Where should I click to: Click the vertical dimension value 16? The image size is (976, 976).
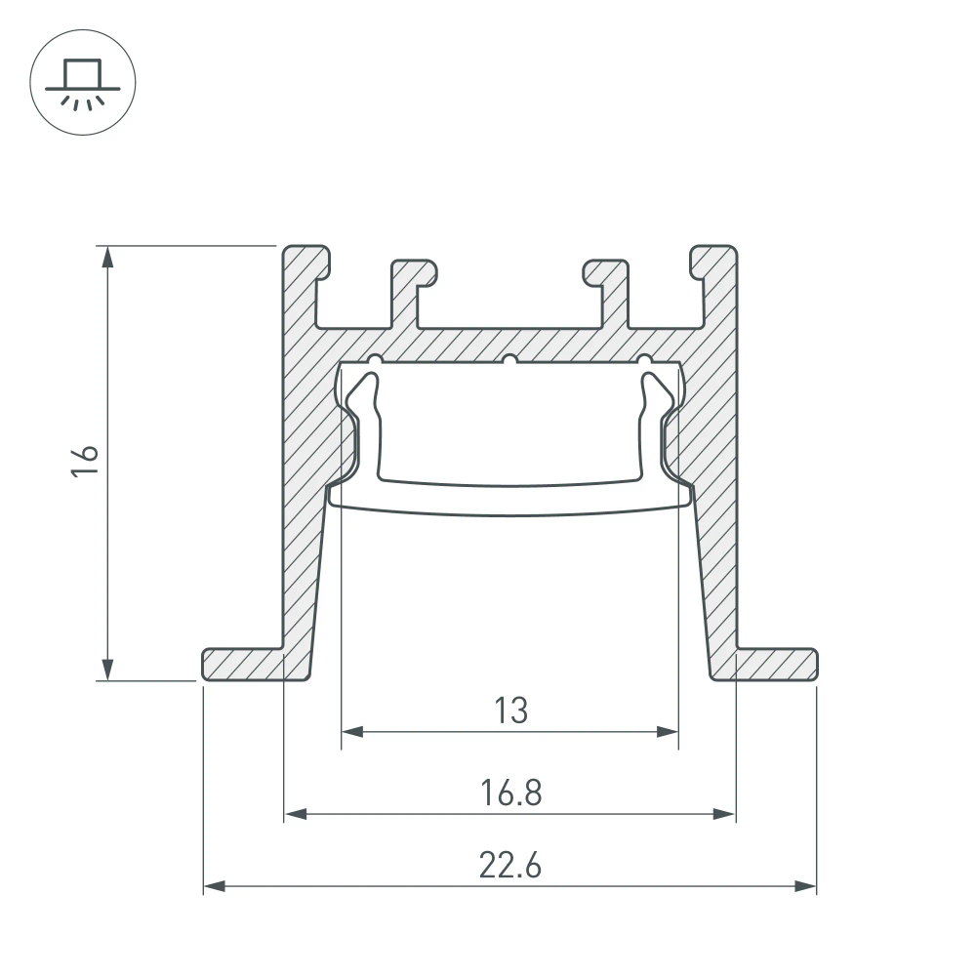(x=85, y=461)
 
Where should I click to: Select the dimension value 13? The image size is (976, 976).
(x=508, y=711)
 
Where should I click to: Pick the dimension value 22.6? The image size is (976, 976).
(x=509, y=866)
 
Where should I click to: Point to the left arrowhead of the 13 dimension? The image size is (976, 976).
(x=352, y=731)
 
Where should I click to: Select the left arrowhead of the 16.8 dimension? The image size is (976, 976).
(x=295, y=813)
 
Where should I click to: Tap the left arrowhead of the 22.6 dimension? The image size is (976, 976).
(x=214, y=886)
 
